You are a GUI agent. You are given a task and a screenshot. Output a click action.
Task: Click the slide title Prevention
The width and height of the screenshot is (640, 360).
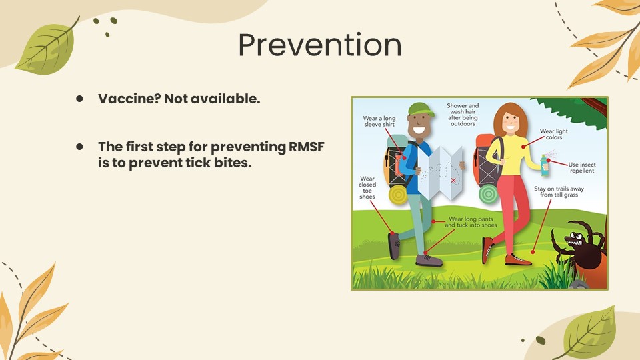click(320, 45)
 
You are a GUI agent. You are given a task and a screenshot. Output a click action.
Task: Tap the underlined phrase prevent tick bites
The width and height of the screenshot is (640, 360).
click(188, 163)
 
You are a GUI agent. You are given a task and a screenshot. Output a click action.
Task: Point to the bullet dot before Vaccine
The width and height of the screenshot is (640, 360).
click(79, 99)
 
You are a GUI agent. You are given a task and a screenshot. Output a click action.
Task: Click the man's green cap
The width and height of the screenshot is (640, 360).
click(421, 109)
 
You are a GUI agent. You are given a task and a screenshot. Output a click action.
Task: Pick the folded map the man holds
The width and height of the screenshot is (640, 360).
click(441, 173)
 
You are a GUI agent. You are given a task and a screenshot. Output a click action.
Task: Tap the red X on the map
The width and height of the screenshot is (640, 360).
click(453, 180)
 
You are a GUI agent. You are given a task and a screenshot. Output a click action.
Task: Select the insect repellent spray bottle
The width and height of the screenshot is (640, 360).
click(545, 165)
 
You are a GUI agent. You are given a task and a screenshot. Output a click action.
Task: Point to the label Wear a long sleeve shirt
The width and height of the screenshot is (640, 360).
click(379, 121)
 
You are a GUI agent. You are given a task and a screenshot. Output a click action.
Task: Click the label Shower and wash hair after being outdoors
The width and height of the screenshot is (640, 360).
click(463, 114)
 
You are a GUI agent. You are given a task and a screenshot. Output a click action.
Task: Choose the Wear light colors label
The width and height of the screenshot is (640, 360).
click(554, 134)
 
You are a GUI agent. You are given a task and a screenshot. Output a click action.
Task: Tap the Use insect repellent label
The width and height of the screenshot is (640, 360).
click(582, 167)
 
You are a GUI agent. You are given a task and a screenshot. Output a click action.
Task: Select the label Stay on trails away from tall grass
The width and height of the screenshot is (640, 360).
click(559, 192)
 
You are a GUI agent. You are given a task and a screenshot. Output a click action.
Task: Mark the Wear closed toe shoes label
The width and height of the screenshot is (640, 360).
click(367, 187)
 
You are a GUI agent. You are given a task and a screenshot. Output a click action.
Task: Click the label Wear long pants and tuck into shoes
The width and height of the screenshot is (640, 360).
click(471, 222)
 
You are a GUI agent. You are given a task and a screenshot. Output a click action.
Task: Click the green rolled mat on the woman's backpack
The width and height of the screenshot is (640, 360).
click(488, 193)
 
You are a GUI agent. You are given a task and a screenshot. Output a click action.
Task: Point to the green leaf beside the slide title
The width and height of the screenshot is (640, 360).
click(47, 49)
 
